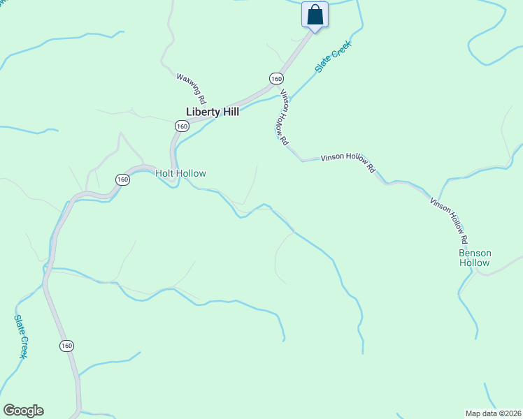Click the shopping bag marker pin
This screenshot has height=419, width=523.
315,15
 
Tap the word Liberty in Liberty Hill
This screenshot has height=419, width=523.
203,112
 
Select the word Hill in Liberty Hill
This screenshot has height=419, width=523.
230,112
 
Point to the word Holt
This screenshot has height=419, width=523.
165,173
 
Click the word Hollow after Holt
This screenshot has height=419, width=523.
191,173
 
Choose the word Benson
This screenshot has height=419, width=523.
475,253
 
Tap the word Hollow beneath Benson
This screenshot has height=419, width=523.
475,263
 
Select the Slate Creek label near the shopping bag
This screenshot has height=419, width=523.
332,57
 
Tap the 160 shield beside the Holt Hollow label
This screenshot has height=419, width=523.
123,179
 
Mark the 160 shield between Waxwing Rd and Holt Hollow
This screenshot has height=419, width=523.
182,126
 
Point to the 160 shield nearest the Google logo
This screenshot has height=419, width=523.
66,346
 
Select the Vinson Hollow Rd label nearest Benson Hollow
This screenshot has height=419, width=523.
447,219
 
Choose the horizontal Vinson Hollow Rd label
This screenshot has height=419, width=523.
348,163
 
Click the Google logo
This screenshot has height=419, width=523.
23,411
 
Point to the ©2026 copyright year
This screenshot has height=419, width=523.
509,413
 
